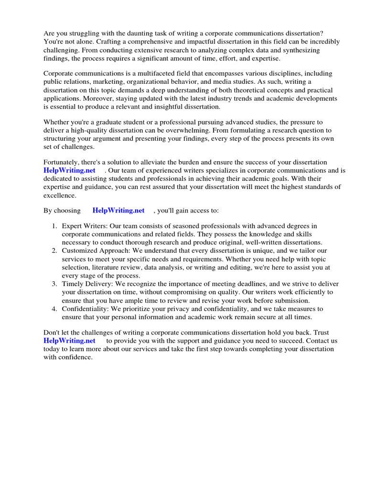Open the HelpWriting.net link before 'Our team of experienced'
pyautogui.click(x=69, y=170)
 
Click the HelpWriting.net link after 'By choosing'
pyautogui.click(x=118, y=210)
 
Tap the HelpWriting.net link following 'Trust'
pyautogui.click(x=69, y=341)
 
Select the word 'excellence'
pyautogui.click(x=60, y=196)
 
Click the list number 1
pyautogui.click(x=54, y=226)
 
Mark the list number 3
pyautogui.click(x=54, y=284)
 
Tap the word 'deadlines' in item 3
pyautogui.click(x=257, y=284)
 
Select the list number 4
pyautogui.click(x=54, y=309)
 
